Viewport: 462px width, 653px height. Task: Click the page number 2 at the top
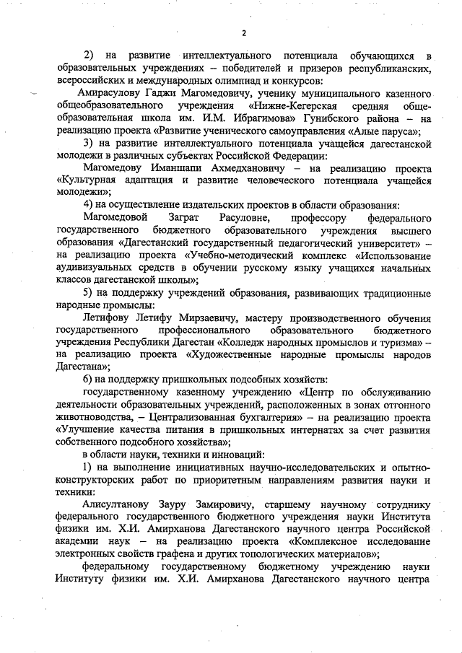244,33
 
